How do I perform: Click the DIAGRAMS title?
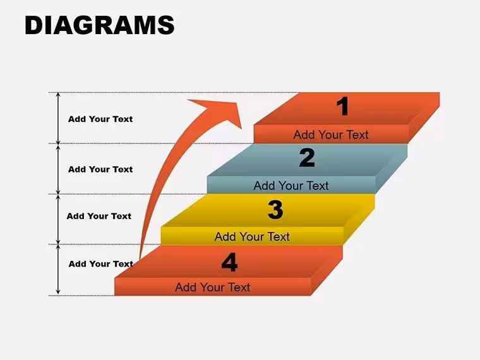[100, 25]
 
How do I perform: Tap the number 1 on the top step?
[342, 106]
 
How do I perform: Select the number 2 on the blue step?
[307, 157]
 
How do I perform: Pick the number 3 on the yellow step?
[275, 210]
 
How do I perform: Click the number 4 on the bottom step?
[229, 262]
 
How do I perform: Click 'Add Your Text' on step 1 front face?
[331, 135]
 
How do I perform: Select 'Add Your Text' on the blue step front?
[291, 186]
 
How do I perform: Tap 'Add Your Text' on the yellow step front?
[252, 237]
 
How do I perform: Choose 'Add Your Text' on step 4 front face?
[213, 287]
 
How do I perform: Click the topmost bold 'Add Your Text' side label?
[100, 119]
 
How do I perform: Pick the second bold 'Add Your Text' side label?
[100, 169]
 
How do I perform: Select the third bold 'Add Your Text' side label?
[99, 216]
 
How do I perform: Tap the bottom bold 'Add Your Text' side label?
[100, 264]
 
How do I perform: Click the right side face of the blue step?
[392, 169]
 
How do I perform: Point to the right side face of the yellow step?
[359, 220]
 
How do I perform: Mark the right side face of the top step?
[424, 118]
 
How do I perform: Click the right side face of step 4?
[327, 271]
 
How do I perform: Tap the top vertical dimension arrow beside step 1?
[58, 118]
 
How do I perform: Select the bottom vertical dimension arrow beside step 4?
[58, 270]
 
